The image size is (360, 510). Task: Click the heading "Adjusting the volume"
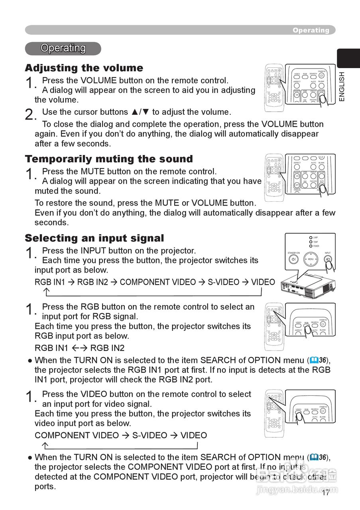point(84,68)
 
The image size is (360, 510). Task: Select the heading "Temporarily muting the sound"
point(109,159)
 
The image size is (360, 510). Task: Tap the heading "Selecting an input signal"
point(94,238)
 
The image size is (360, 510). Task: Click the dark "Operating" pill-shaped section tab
point(63,48)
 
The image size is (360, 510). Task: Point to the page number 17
point(326,493)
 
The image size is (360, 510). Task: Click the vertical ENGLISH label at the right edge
point(342,86)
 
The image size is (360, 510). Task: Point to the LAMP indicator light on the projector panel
point(311,238)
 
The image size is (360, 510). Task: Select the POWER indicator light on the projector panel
point(311,246)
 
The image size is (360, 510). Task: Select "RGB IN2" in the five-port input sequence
point(92,282)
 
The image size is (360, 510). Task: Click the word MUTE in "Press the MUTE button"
point(92,172)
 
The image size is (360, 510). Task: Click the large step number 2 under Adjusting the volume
point(29,115)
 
